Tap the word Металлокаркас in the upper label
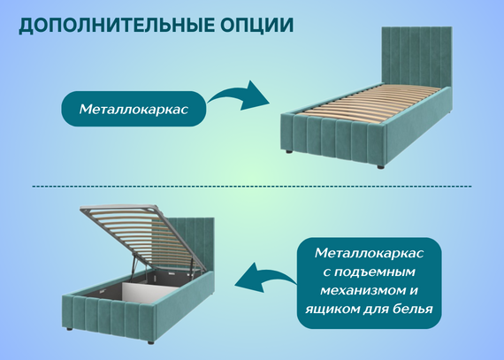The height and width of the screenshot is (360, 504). click(134, 110)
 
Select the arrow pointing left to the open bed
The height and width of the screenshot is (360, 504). click(263, 277)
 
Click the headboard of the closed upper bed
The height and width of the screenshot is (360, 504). click(416, 57)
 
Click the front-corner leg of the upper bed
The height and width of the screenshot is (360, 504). click(380, 167)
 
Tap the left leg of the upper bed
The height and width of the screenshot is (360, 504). click(288, 150)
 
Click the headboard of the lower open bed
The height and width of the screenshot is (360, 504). click(194, 244)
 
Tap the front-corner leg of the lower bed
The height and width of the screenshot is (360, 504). click(151, 342)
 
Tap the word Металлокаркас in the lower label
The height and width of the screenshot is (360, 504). click(369, 253)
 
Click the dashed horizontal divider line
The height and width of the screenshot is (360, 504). click(252, 186)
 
